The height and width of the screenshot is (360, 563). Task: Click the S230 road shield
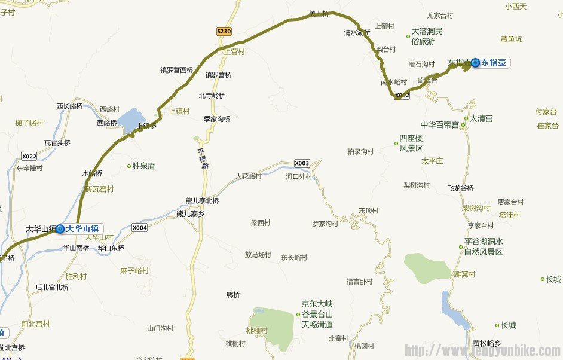click(x=224, y=31)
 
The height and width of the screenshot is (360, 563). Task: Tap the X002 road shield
click(x=402, y=95)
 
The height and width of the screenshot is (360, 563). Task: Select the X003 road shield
click(x=302, y=163)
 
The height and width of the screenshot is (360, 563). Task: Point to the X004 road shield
click(x=140, y=228)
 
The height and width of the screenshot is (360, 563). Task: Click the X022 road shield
click(x=29, y=157)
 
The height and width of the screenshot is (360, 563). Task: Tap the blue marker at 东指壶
click(x=475, y=62)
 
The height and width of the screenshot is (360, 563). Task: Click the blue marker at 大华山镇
click(x=60, y=228)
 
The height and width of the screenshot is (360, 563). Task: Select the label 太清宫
click(x=481, y=119)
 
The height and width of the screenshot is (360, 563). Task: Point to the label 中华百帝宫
click(x=439, y=125)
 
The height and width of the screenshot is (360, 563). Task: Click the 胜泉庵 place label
click(x=143, y=166)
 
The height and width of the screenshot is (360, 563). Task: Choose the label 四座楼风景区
click(x=411, y=143)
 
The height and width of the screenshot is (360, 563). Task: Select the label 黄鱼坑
click(x=511, y=39)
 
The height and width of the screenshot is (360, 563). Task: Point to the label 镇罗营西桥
click(x=176, y=70)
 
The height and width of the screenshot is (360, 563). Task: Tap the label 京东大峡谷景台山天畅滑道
click(x=317, y=314)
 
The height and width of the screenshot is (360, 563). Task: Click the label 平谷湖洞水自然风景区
click(x=484, y=247)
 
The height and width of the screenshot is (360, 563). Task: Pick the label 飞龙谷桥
click(x=460, y=188)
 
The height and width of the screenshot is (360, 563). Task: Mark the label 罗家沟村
click(x=325, y=224)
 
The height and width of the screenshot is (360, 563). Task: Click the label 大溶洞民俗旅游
click(x=427, y=36)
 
